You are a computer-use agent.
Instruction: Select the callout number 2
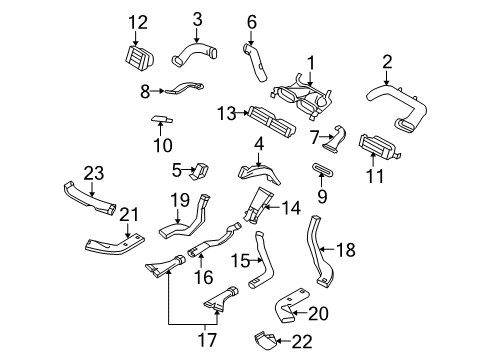[385, 64]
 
